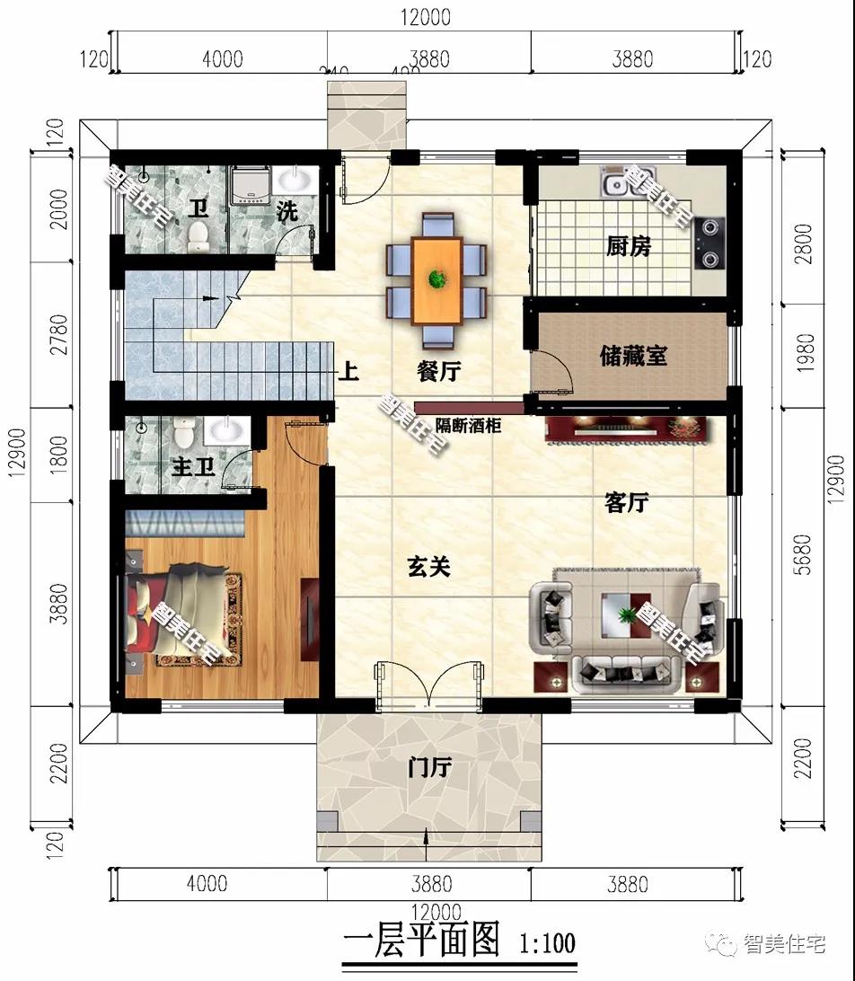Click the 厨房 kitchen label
click(x=628, y=245)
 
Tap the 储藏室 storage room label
click(x=633, y=356)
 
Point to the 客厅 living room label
click(x=626, y=503)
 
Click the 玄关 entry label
click(x=428, y=567)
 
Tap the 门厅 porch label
click(x=428, y=768)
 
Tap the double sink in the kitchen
click(x=617, y=185)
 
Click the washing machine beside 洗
click(x=249, y=188)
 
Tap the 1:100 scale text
click(x=546, y=942)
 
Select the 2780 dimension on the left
click(x=57, y=334)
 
